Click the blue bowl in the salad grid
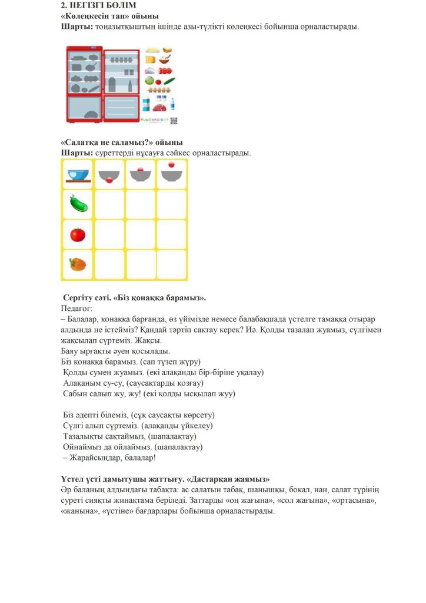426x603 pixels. coord(78,174)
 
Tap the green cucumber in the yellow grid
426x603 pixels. coord(78,204)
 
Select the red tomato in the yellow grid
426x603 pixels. coord(78,234)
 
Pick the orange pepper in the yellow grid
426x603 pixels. coord(78,264)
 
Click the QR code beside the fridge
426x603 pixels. coord(174,120)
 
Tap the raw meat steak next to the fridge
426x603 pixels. coord(159,107)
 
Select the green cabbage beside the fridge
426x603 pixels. coord(149,81)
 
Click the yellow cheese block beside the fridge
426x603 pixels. coord(150,59)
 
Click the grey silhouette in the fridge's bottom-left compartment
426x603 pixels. coord(92,114)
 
